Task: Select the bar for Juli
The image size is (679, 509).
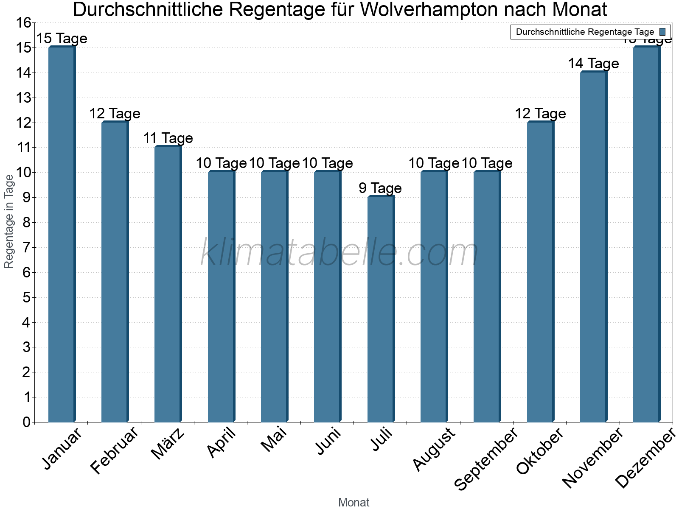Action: (381, 310)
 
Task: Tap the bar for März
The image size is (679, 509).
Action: (168, 284)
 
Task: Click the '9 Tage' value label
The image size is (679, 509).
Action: (380, 188)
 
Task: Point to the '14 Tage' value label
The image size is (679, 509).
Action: (593, 64)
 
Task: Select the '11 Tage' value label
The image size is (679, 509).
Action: (168, 138)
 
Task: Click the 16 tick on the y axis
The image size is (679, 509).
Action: (24, 23)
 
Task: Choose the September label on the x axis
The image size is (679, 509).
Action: (486, 458)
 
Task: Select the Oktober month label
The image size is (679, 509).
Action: (540, 450)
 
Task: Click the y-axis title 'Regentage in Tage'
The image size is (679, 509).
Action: (9, 221)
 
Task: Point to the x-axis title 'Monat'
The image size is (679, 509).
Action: (354, 503)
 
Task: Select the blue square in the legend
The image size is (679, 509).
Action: (662, 32)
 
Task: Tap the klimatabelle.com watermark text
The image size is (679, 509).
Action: (339, 253)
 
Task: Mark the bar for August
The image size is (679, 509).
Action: (434, 297)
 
